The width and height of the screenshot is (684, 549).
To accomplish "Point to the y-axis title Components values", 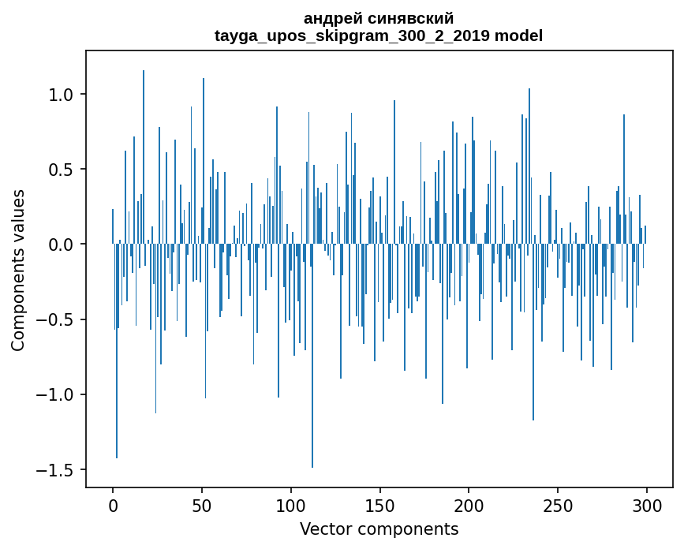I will pyautogui.click(x=17, y=270).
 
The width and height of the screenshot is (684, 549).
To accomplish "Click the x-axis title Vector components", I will pyautogui.click(x=379, y=528).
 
